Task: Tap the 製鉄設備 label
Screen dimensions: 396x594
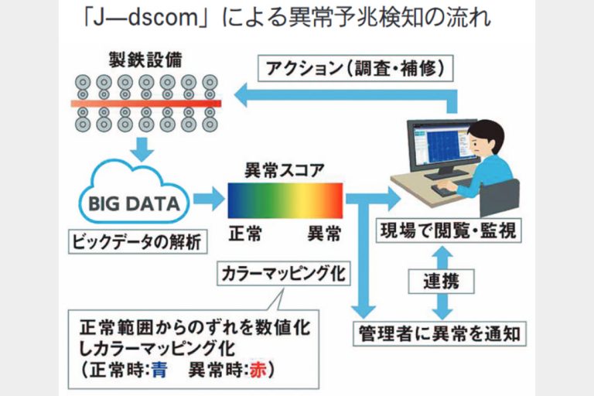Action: coord(147,60)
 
